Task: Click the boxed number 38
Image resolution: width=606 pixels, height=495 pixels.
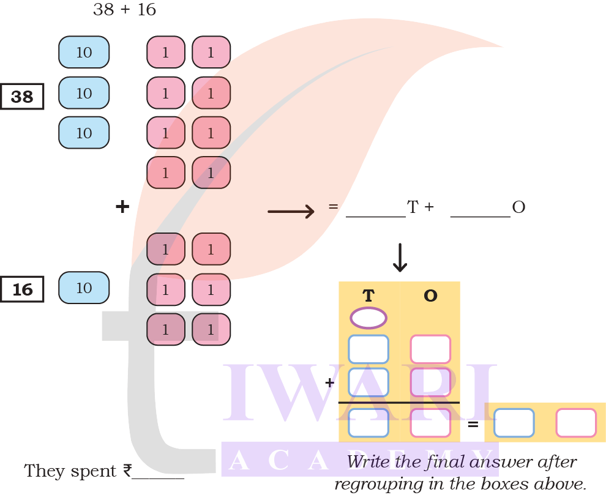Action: pyautogui.click(x=22, y=97)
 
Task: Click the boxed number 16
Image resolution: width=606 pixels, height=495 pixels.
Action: pyautogui.click(x=22, y=289)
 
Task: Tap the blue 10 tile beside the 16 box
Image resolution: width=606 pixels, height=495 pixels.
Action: pyautogui.click(x=84, y=288)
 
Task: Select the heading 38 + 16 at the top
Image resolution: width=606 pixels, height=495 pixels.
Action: pyautogui.click(x=124, y=10)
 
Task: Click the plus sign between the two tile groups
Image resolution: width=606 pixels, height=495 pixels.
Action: pyautogui.click(x=122, y=207)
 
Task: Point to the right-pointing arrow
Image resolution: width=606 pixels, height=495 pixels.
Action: pyautogui.click(x=291, y=212)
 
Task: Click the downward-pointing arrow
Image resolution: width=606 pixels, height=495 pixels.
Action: pyautogui.click(x=400, y=258)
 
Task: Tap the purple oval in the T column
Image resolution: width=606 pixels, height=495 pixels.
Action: pyautogui.click(x=368, y=318)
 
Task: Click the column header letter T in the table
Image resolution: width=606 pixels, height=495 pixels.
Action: pyautogui.click(x=368, y=296)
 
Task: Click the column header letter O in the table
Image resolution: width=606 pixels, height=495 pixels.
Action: pyautogui.click(x=430, y=296)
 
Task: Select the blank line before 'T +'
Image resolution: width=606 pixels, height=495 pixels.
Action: pyautogui.click(x=376, y=215)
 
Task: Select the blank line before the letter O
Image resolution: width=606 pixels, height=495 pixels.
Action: pyautogui.click(x=480, y=215)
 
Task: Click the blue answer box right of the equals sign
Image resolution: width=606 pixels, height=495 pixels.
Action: pyautogui.click(x=514, y=423)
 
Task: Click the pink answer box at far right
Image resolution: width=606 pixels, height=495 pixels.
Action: pyautogui.click(x=576, y=423)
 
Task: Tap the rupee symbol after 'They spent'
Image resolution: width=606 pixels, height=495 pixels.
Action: pyautogui.click(x=127, y=471)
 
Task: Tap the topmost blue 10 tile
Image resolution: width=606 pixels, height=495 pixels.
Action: pyautogui.click(x=84, y=52)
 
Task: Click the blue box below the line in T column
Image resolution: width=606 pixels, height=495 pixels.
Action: pyautogui.click(x=368, y=423)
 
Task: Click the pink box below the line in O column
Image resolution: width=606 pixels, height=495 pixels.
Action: pyautogui.click(x=430, y=423)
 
